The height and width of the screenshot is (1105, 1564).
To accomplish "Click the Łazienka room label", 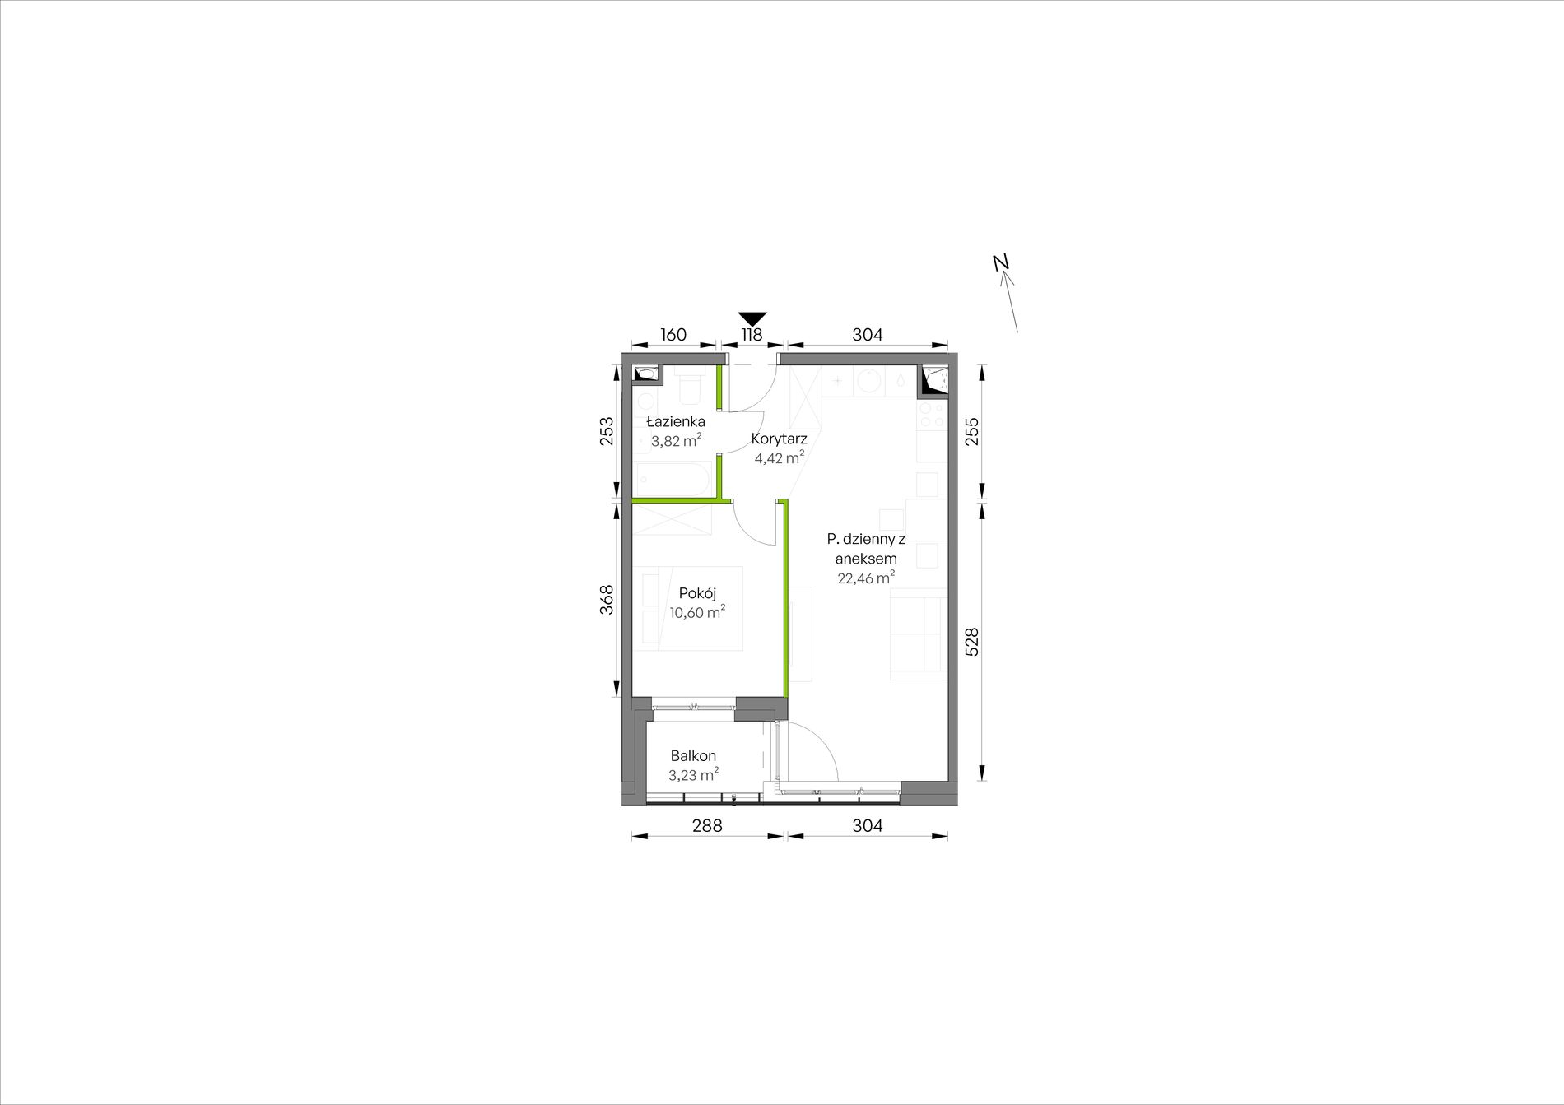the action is pos(676,422).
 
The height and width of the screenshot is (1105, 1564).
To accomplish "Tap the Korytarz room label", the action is pos(779,439).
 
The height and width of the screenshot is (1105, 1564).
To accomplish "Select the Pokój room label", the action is pos(697,593).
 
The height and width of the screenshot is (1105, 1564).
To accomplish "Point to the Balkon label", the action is pos(692,755).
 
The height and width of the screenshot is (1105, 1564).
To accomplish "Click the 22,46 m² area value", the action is pos(866,578).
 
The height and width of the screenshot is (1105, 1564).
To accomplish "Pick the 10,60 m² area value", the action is pos(697,612).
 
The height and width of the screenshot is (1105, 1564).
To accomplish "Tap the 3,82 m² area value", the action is pos(676,440).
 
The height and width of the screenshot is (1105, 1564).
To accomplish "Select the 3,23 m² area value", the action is pos(693,774).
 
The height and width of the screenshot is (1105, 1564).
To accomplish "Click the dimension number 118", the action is pos(752,335).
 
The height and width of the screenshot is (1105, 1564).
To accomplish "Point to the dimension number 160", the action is pos(673,335).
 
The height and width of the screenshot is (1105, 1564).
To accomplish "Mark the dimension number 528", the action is pos(971,642).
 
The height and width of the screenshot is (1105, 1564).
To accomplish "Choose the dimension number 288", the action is pos(706,825).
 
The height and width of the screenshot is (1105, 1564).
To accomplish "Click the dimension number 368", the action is pos(607,600).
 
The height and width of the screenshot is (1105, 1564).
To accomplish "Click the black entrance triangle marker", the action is pos(752,318).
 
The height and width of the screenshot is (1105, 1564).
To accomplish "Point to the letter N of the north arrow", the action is pos(1001,262).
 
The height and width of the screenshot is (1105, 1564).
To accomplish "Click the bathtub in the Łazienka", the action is pos(673,480).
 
